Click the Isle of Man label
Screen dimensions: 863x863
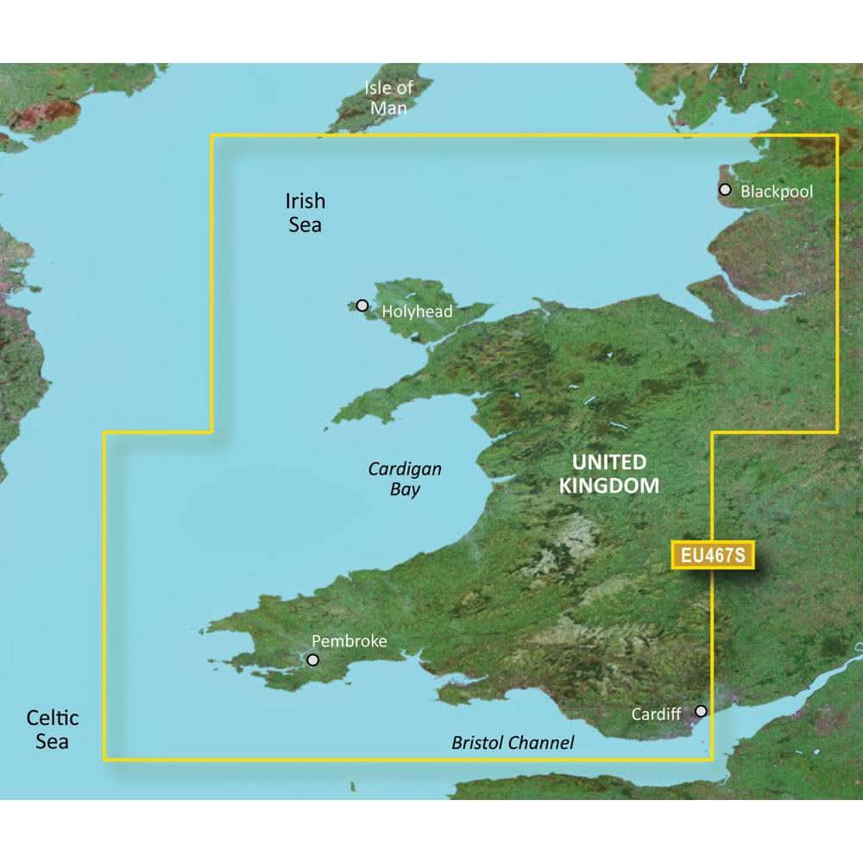388,98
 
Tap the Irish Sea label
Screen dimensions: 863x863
305,212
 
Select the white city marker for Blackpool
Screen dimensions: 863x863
725,190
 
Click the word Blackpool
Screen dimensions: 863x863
777,191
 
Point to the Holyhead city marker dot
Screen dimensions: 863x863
362,306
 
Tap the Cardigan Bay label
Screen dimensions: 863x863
405,479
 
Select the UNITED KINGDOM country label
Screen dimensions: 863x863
608,473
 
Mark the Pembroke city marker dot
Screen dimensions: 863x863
312,660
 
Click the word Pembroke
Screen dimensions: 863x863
349,641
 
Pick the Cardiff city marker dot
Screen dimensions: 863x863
702,711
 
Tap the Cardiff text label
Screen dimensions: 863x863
656,715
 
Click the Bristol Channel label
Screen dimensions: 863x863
513,742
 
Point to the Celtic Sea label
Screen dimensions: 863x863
52,729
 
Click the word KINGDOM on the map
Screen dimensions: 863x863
608,485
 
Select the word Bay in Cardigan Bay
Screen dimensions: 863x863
405,489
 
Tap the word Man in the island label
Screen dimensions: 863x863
388,108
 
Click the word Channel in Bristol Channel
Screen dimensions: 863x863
540,742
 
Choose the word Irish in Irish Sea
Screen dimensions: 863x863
306,201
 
